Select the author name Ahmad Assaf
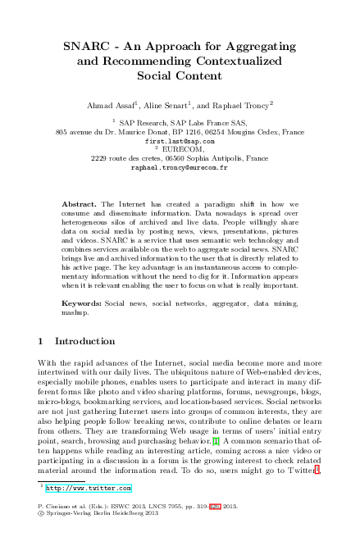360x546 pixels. coord(108,107)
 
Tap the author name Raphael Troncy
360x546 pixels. coord(245,107)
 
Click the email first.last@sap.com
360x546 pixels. coord(179,140)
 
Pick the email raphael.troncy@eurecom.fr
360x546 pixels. coord(179,166)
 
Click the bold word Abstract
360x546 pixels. coord(80,202)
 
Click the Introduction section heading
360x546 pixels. coord(85,340)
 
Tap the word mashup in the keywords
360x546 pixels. coord(78,312)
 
